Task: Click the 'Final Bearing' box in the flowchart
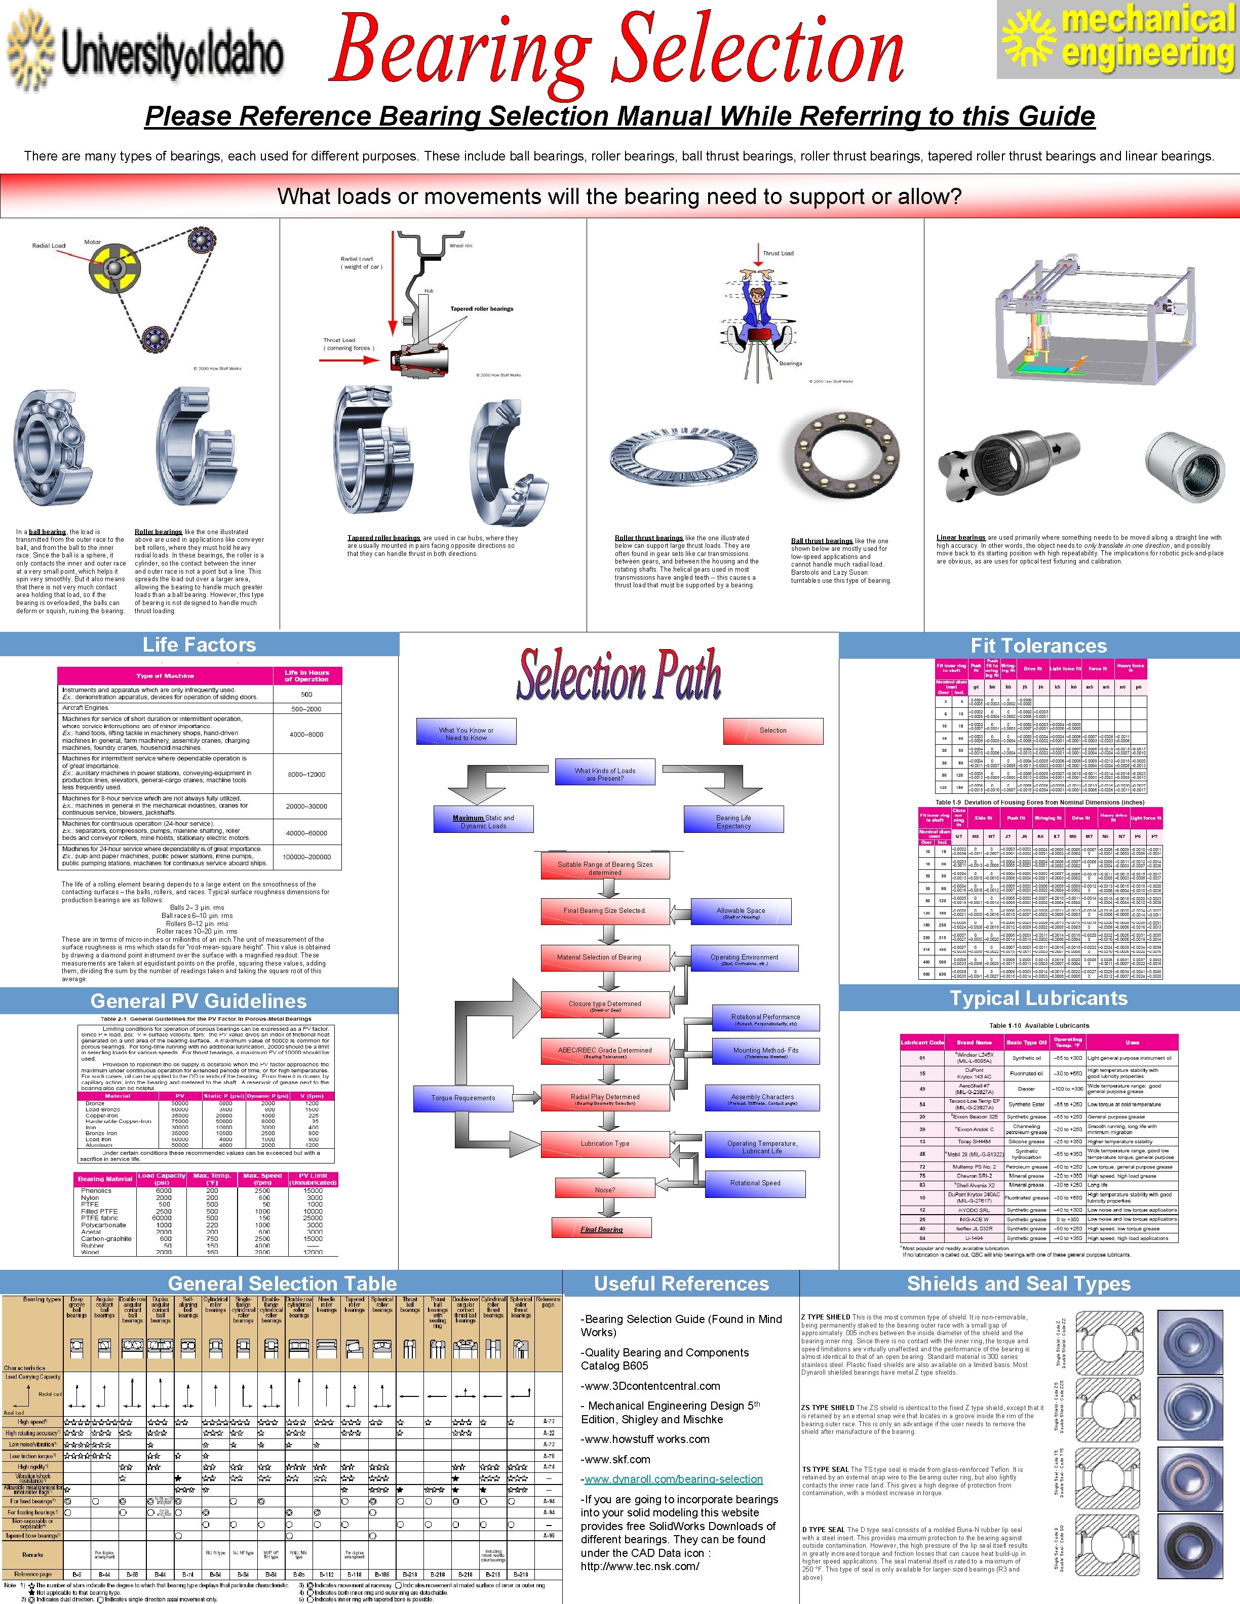tap(602, 1229)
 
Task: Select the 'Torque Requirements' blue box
tap(463, 1098)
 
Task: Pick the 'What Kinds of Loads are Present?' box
tap(605, 774)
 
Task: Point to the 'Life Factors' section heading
tap(199, 645)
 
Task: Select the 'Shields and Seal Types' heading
tap(1018, 1284)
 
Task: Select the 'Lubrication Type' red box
tap(605, 1144)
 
